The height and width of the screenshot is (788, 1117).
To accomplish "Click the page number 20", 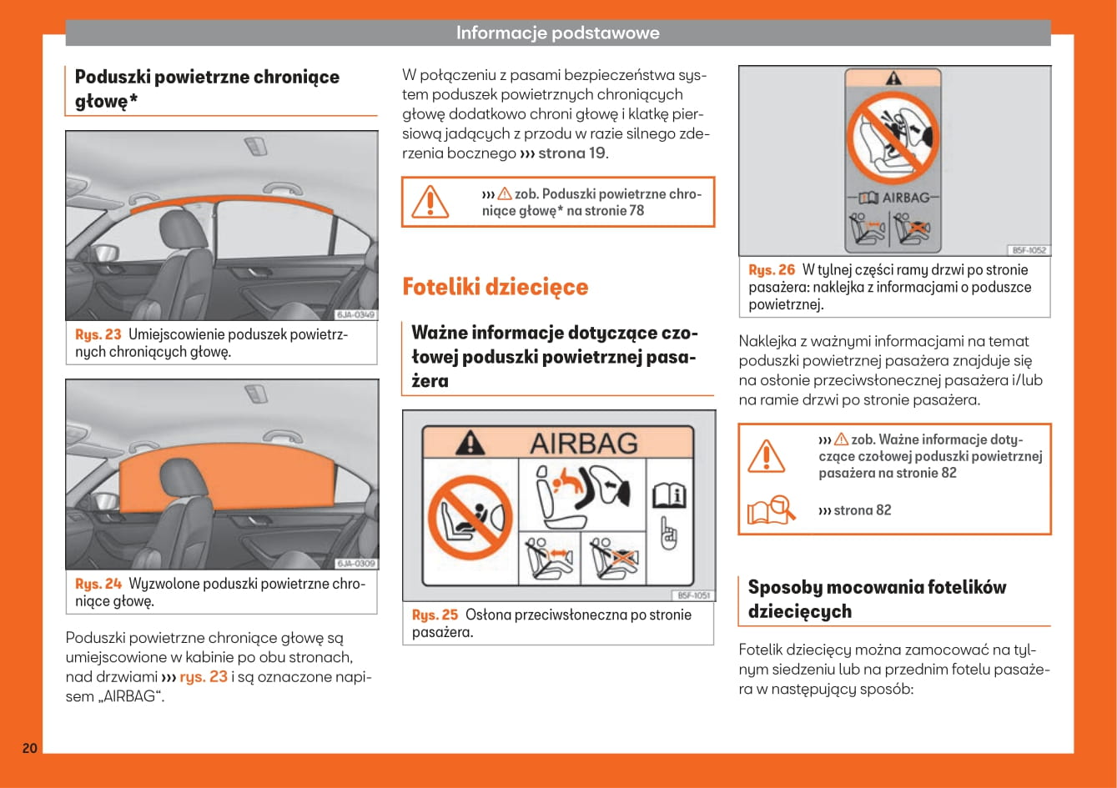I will tap(29, 747).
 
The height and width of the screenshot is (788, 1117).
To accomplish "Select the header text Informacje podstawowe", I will tap(557, 33).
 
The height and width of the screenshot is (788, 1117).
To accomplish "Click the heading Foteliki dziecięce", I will tap(495, 287).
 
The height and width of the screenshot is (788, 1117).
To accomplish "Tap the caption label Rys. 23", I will tap(98, 334).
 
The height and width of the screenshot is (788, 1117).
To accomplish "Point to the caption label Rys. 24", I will tap(98, 584).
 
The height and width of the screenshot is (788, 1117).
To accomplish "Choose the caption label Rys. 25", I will tap(435, 615).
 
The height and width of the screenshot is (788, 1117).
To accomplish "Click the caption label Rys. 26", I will tap(772, 269).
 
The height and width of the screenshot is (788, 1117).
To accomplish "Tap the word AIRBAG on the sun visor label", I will tap(584, 442).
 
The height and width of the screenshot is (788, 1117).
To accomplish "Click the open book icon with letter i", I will tap(669, 496).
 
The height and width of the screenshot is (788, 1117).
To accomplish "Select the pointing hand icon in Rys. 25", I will tap(669, 535).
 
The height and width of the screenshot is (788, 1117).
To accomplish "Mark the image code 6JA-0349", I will tap(356, 315).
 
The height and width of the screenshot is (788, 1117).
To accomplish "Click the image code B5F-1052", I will tap(1029, 250).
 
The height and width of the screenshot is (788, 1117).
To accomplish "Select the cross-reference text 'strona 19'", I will tap(572, 153).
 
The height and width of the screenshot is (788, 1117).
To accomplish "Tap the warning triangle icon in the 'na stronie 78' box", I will tap(430, 201).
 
